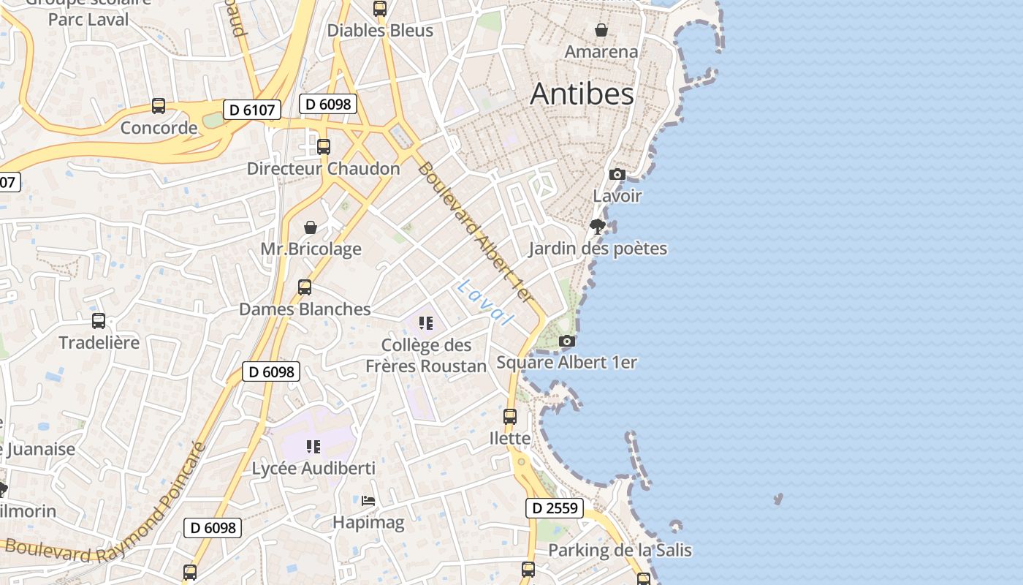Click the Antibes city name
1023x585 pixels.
coord(582,94)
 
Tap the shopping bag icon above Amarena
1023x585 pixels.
coord(601,30)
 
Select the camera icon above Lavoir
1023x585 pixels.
coord(617,174)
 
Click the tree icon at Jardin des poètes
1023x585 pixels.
coord(598,226)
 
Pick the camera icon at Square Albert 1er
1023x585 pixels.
coord(566,341)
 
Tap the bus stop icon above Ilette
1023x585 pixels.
coord(510,417)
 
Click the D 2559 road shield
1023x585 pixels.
coord(555,508)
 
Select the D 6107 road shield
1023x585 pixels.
coord(251,110)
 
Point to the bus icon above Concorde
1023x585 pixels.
coord(159,106)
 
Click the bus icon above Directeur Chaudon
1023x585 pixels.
coord(324,146)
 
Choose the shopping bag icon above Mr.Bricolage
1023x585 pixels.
coord(311,227)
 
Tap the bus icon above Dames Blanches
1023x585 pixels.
coord(305,287)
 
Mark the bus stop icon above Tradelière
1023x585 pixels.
coord(99,321)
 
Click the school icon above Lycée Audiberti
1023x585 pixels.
coord(313,446)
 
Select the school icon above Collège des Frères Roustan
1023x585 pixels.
coord(426,323)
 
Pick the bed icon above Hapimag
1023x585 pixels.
coord(368,501)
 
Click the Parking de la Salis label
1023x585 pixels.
coord(620,550)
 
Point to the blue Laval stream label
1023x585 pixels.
coord(484,301)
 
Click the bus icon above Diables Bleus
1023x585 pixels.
coord(380,9)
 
